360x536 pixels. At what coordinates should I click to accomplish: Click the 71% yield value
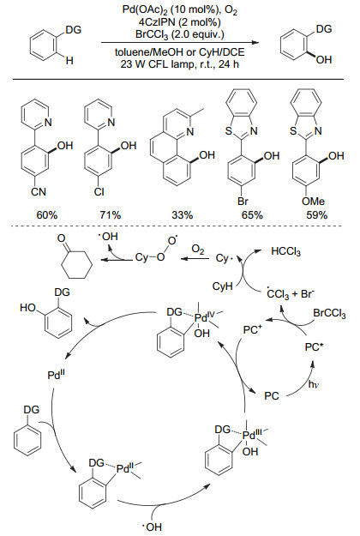pyautogui.click(x=111, y=215)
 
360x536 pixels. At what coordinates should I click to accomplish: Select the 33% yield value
pyautogui.click(x=183, y=215)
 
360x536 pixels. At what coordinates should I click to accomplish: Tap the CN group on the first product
pyautogui.click(x=39, y=191)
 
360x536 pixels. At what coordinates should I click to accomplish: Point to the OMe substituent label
pyautogui.click(x=313, y=201)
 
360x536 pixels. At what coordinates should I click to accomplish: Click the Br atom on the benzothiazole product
pyautogui.click(x=243, y=201)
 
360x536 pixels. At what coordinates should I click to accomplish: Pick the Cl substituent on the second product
pyautogui.click(x=99, y=191)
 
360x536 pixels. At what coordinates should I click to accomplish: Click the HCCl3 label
pyautogui.click(x=286, y=252)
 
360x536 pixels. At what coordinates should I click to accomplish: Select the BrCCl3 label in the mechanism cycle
pyautogui.click(x=329, y=313)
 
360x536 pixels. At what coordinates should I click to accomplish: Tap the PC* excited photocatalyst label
pyautogui.click(x=315, y=347)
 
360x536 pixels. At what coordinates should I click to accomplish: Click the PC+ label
pyautogui.click(x=253, y=330)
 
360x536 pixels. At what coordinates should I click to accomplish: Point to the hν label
pyautogui.click(x=313, y=384)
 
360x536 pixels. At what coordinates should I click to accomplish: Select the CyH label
pyautogui.click(x=222, y=286)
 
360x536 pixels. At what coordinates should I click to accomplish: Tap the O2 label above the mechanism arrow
pyautogui.click(x=198, y=250)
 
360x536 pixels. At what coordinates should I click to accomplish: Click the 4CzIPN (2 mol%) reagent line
pyautogui.click(x=180, y=22)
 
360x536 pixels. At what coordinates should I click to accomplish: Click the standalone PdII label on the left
pyautogui.click(x=57, y=375)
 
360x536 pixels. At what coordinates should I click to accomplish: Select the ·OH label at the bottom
pyautogui.click(x=152, y=527)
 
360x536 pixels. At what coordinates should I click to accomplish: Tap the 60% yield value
pyautogui.click(x=47, y=215)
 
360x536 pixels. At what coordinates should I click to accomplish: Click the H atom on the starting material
pyautogui.click(x=69, y=61)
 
